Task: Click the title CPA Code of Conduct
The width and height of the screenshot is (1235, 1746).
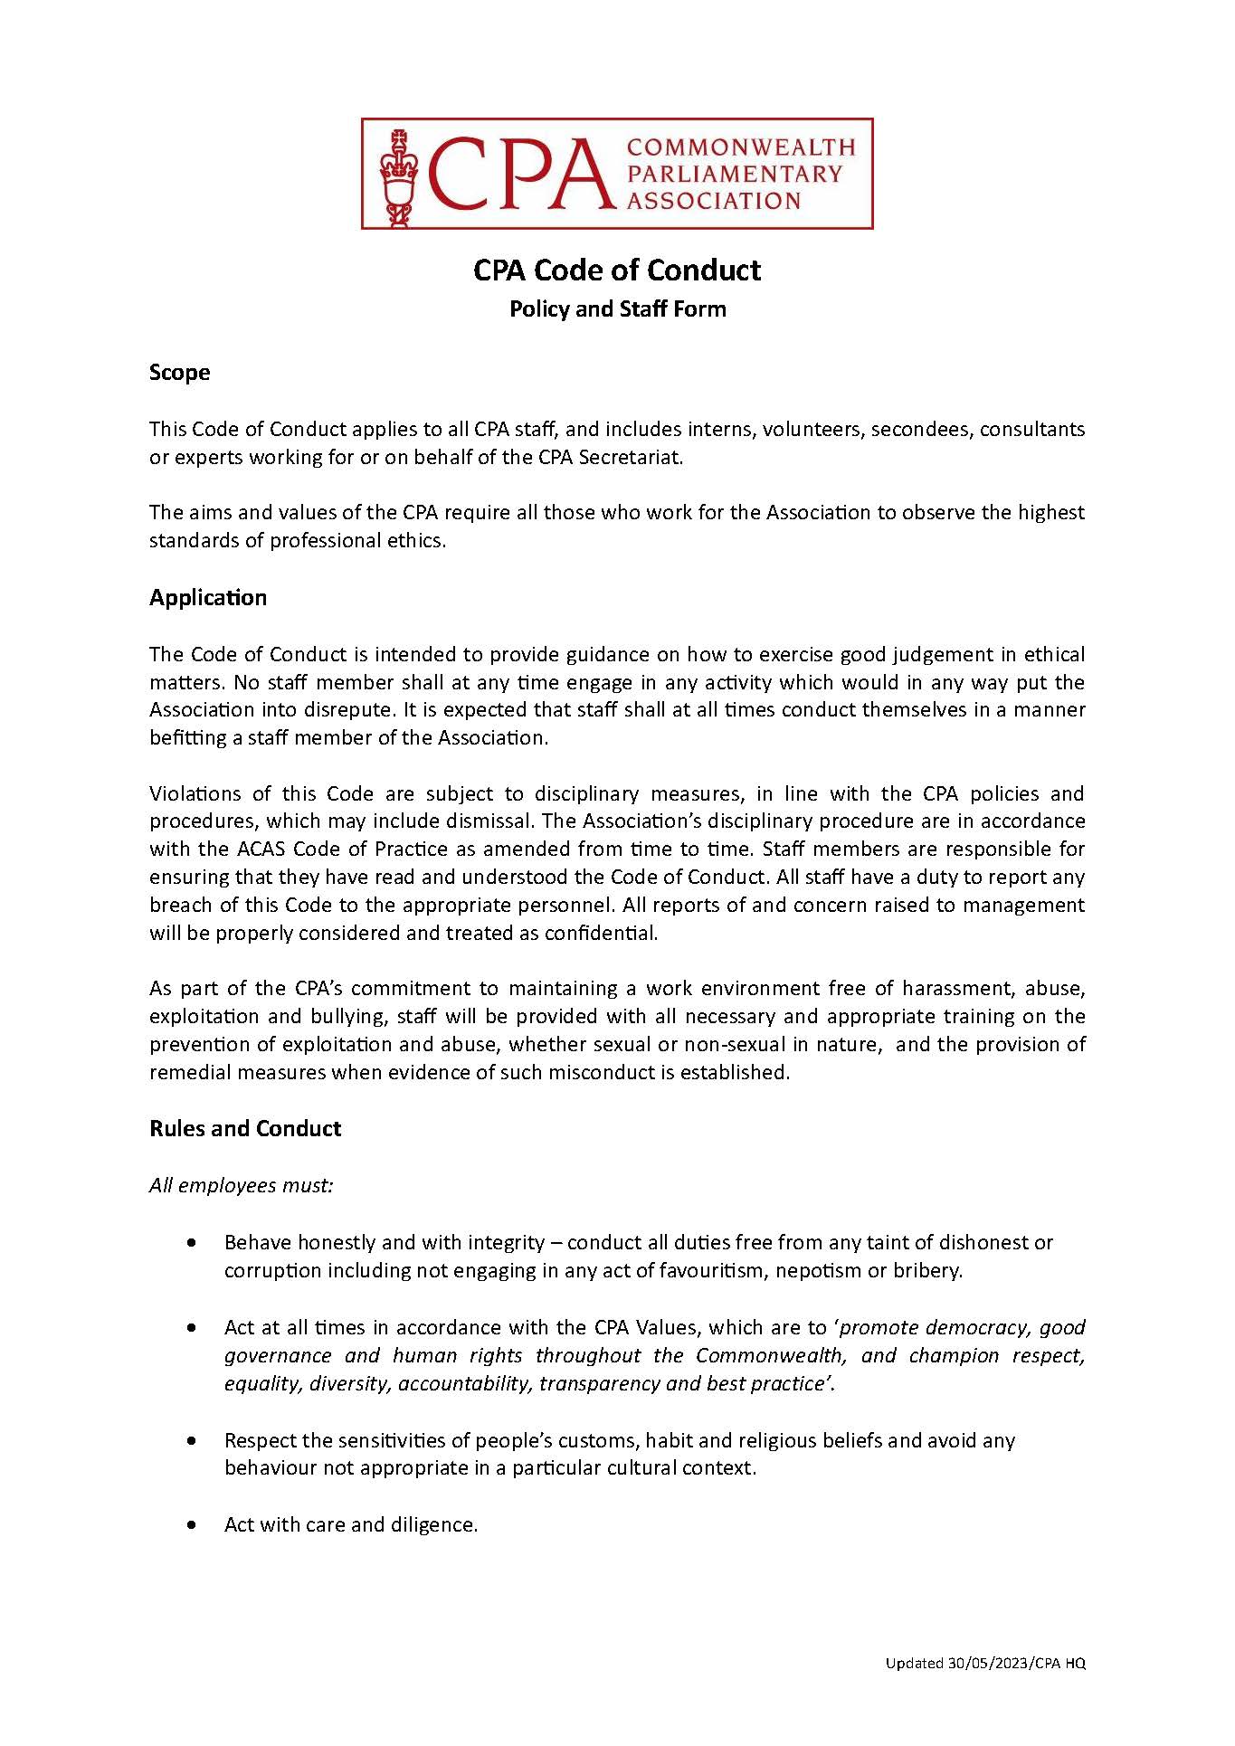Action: point(617,270)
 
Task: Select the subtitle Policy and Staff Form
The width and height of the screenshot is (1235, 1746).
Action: point(617,309)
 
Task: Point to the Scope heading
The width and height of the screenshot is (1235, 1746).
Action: point(179,373)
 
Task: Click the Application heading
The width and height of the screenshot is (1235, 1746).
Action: point(208,598)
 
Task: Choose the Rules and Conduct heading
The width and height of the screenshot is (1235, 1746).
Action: point(245,1129)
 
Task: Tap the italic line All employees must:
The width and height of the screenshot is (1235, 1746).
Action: point(242,1185)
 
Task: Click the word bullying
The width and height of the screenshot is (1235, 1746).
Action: point(355,1017)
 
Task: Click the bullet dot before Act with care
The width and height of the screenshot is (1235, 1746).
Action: point(190,1525)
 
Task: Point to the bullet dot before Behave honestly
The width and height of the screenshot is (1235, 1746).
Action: point(190,1244)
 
